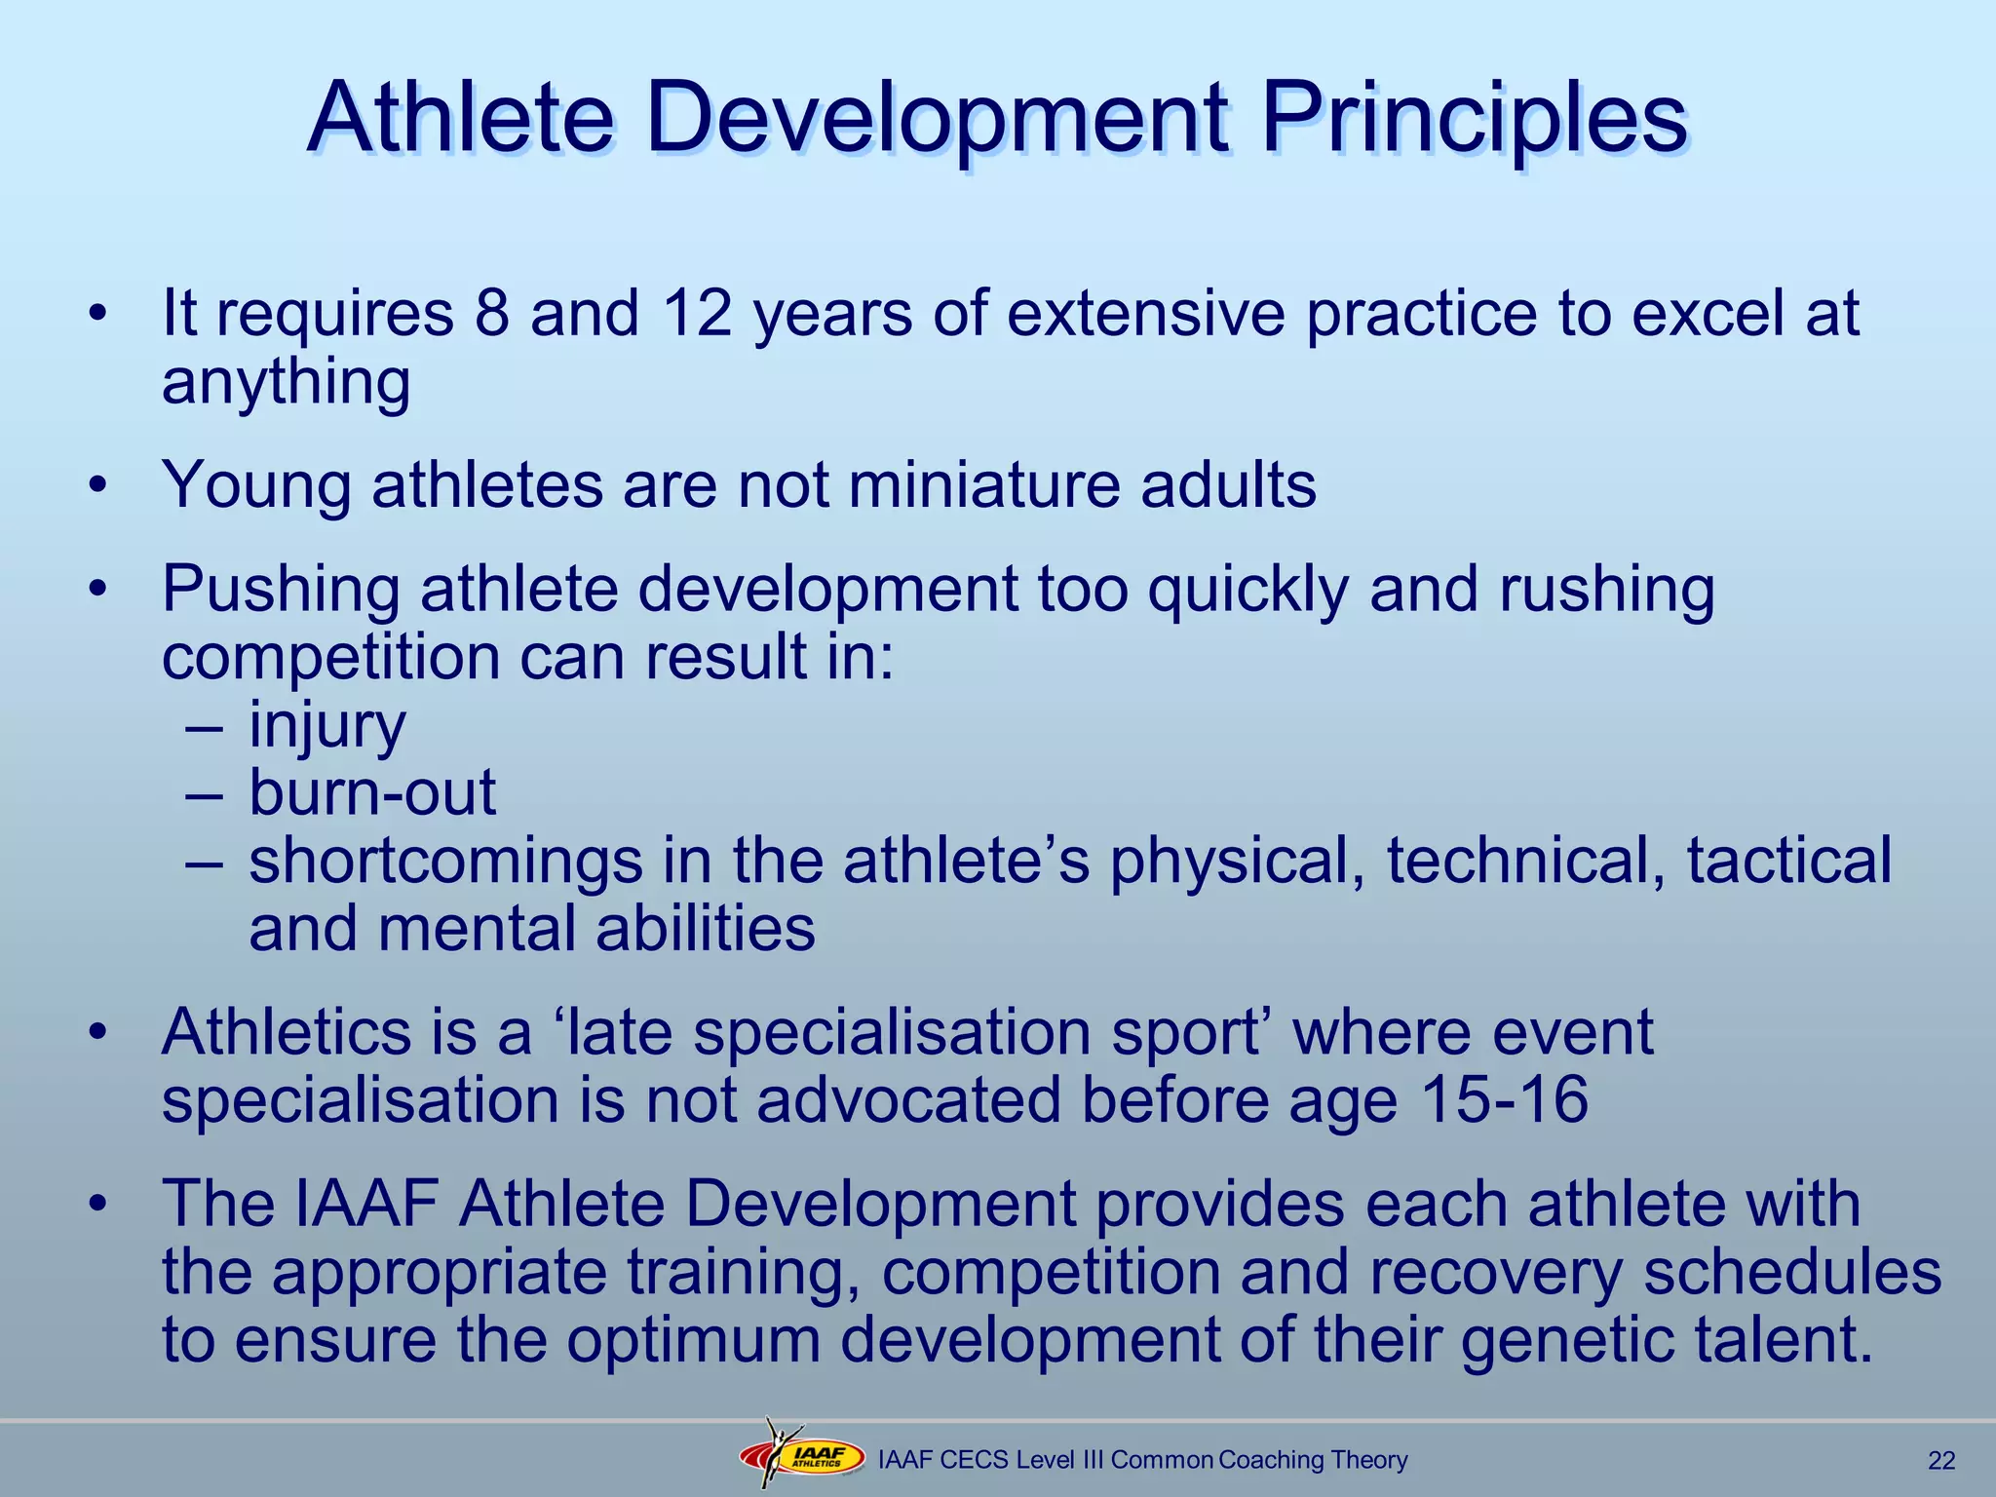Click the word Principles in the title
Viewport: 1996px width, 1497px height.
click(x=1473, y=119)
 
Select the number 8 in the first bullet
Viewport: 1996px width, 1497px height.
click(x=492, y=314)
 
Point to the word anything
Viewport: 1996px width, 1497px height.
click(x=286, y=383)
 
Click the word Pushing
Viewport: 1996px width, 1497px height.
click(x=281, y=591)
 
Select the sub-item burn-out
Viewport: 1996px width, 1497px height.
click(x=372, y=792)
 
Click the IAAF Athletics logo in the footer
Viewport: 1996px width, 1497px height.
click(x=802, y=1457)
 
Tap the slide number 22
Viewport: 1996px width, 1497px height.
click(x=1941, y=1460)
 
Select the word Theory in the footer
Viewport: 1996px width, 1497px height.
click(x=1368, y=1459)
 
